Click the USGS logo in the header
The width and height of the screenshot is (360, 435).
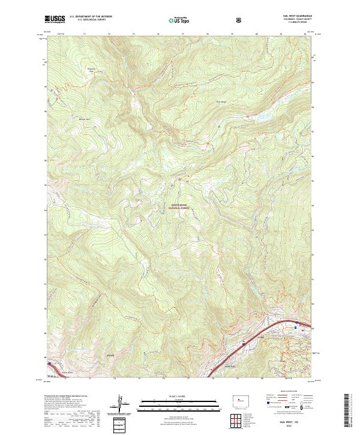(55, 19)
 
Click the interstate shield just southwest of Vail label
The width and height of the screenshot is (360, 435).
(243, 344)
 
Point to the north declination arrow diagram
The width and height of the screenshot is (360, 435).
(122, 404)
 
